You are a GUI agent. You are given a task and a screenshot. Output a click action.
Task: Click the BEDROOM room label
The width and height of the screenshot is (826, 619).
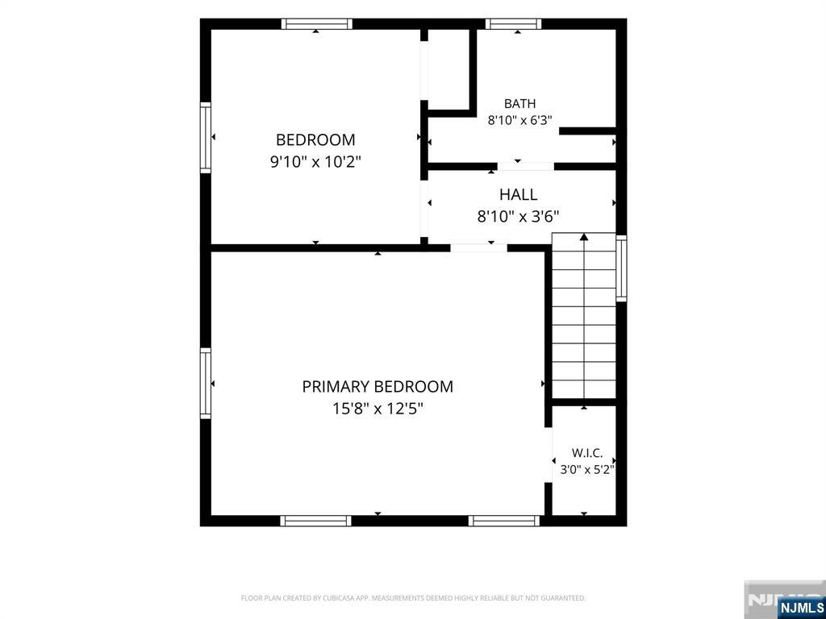pos(315,140)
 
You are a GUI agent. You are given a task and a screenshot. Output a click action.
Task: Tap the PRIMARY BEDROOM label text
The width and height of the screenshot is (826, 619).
pos(378,387)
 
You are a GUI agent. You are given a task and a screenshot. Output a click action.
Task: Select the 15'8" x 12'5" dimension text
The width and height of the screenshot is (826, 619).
pos(378,409)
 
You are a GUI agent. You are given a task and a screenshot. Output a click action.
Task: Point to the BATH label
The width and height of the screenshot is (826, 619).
pos(519,104)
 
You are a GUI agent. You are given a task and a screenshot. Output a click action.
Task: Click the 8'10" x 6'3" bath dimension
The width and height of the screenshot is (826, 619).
pos(519,121)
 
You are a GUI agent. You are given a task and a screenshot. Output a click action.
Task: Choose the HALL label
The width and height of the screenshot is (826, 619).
pos(519,195)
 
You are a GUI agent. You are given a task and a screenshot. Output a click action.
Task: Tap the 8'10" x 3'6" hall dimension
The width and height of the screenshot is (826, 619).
pos(519,216)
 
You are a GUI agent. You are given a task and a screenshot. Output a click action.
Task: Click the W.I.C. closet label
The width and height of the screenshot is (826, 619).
pos(587,453)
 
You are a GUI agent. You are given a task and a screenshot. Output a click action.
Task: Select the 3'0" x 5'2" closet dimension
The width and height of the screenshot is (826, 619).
pos(587,470)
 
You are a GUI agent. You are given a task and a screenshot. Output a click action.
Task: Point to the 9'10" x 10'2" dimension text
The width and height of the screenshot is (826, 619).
pos(315,162)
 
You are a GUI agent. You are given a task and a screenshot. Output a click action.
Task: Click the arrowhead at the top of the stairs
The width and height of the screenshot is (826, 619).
pos(584,237)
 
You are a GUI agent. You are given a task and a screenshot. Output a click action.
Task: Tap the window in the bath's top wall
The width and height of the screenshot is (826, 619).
pos(513,23)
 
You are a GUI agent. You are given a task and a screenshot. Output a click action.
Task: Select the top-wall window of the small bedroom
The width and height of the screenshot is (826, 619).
pos(316,23)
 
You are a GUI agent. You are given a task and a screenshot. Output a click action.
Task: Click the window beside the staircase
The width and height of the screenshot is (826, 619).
pos(622,268)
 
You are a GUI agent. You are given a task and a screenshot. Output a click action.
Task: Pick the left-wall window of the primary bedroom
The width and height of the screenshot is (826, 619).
pos(206,384)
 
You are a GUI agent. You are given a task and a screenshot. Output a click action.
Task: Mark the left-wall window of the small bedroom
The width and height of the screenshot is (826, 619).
pos(206,137)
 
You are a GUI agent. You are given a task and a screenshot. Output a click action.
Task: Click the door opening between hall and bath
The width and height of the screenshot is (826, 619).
pos(526,166)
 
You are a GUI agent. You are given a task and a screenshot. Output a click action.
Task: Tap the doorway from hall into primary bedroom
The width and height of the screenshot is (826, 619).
pos(479,247)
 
